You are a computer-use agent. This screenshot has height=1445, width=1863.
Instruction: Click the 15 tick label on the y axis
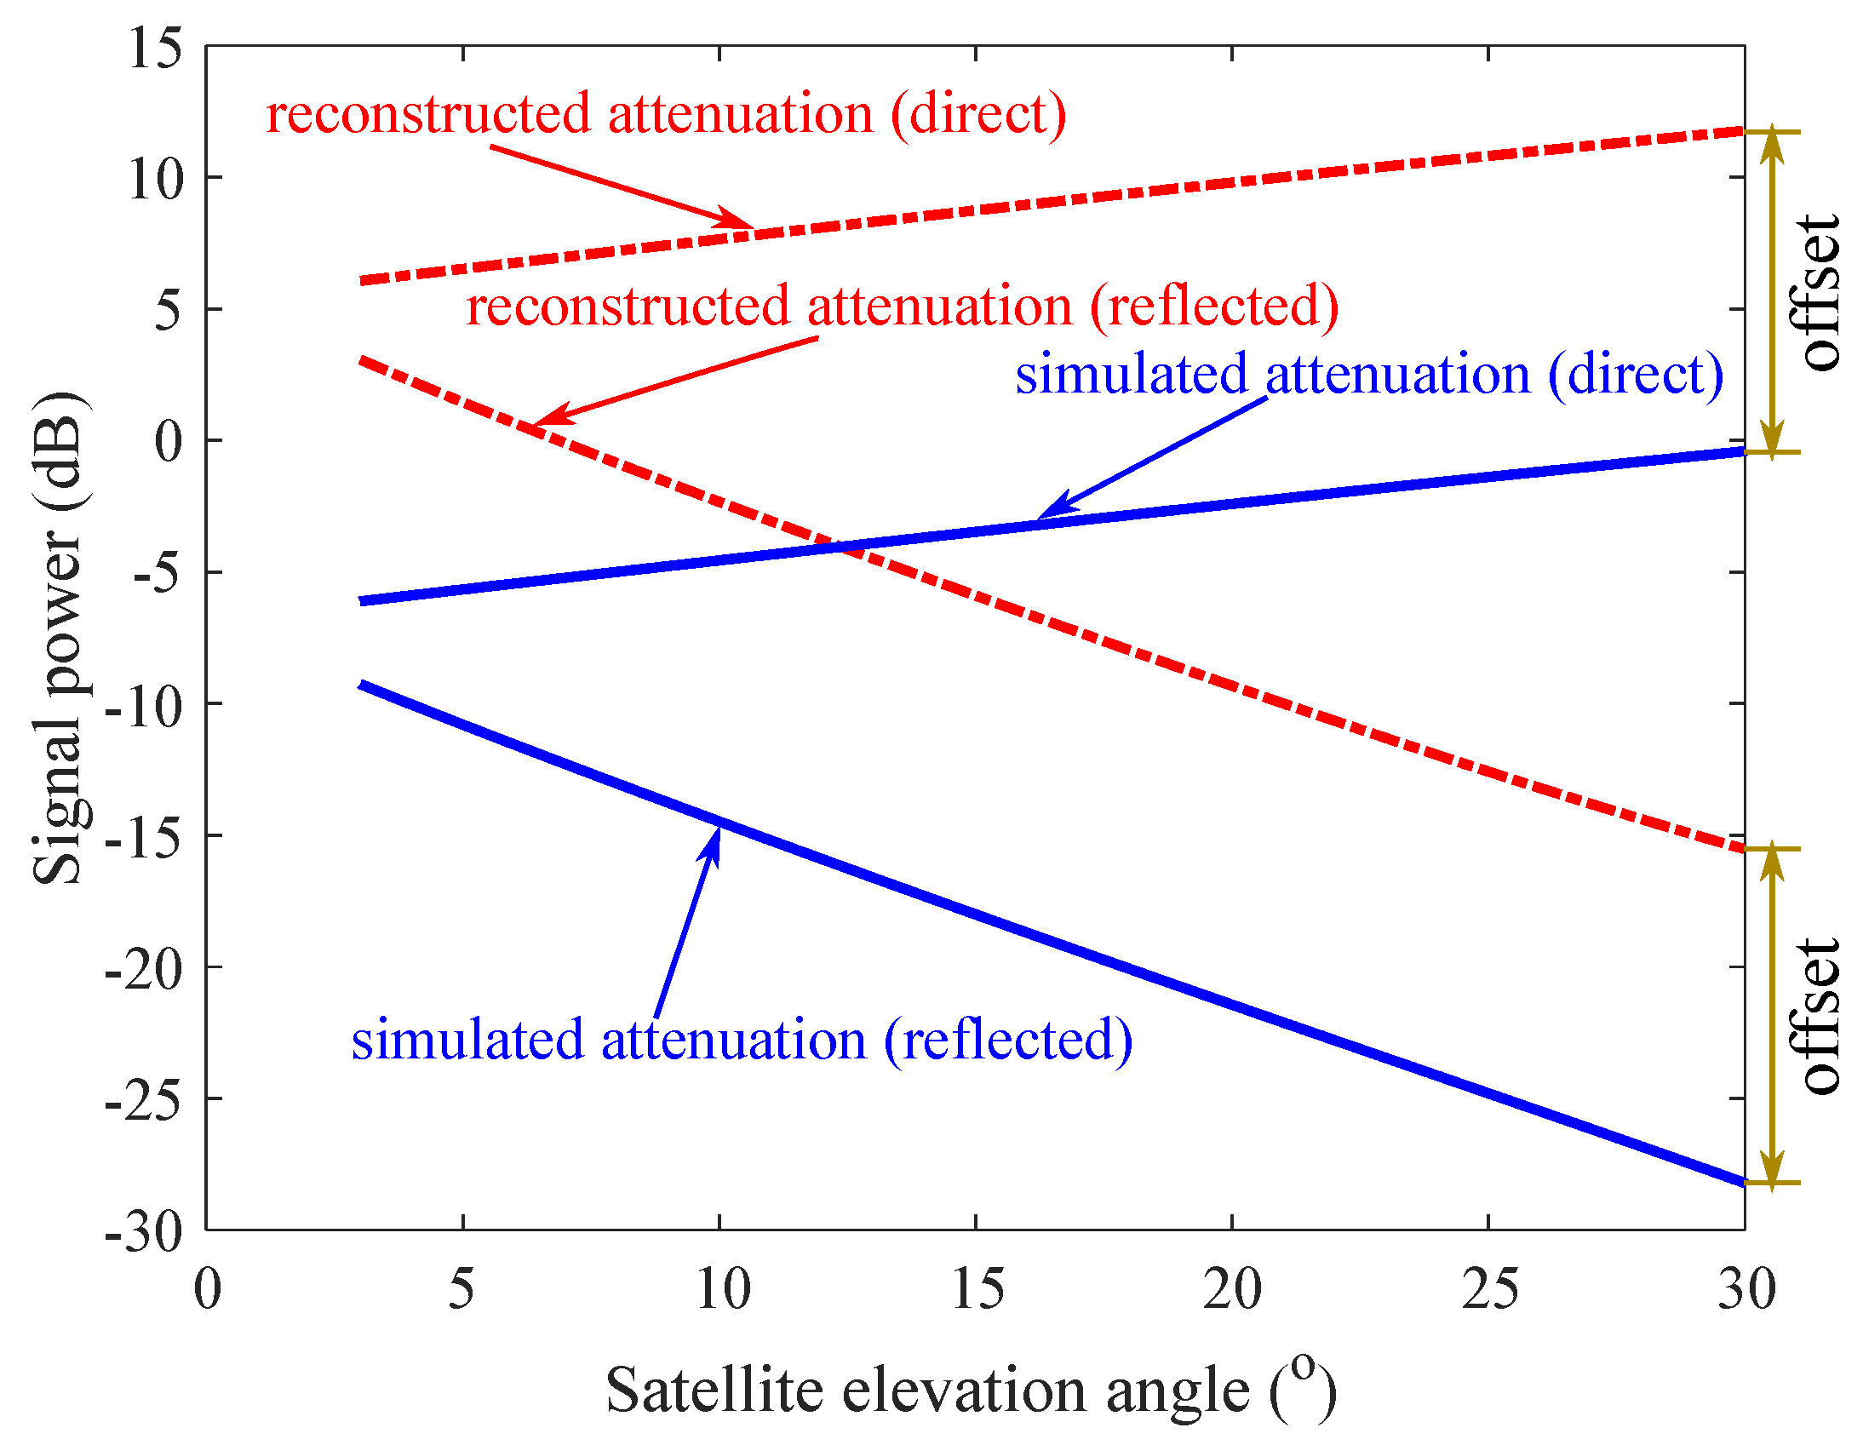[155, 48]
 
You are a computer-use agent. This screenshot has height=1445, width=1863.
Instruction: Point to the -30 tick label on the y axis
[143, 1232]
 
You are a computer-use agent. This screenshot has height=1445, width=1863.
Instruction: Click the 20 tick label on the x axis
[1232, 1289]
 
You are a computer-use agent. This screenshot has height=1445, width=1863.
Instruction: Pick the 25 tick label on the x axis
[1489, 1289]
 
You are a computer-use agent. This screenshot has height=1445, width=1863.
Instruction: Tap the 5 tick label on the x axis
[461, 1289]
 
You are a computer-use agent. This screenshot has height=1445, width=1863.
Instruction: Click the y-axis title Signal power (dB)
[58, 638]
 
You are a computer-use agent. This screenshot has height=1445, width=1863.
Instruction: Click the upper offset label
[1819, 293]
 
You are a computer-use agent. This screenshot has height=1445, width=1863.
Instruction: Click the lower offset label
[1819, 1017]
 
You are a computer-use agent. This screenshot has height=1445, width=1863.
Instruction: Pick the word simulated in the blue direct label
[1131, 375]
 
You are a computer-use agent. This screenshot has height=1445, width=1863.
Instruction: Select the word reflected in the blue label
[1008, 1040]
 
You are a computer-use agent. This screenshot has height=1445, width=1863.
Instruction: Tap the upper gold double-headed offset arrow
[1773, 293]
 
